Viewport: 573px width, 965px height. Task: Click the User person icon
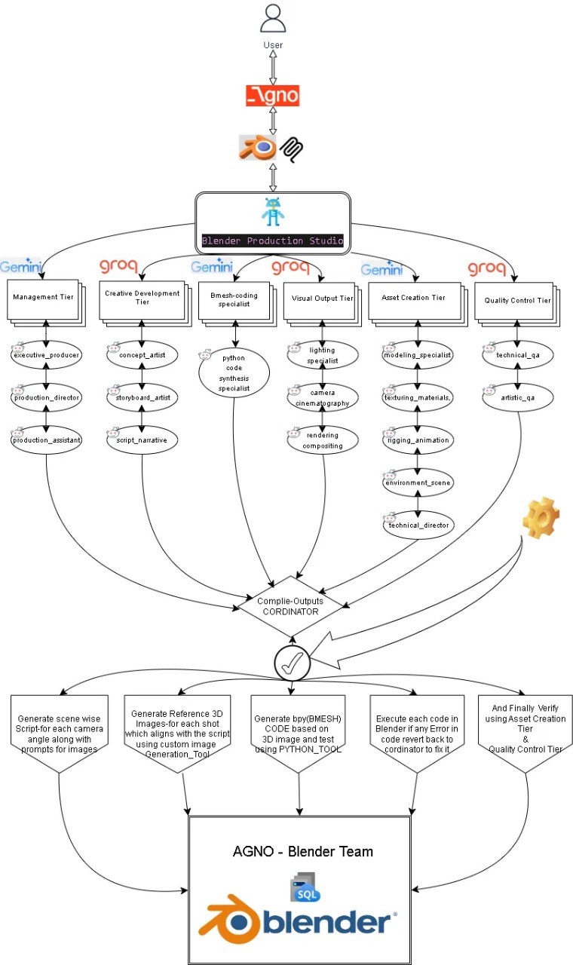point(273,18)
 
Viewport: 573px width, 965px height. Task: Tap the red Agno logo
point(273,96)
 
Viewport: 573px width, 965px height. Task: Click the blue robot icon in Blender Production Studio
point(273,212)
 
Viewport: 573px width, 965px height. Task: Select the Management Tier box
point(43,299)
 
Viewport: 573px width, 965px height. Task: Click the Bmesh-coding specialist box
point(234,300)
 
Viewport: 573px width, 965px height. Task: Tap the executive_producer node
point(46,355)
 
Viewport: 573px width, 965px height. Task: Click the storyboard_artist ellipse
point(142,397)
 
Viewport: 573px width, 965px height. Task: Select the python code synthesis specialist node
point(234,373)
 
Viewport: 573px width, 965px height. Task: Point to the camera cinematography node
point(323,397)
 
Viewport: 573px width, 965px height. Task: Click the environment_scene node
point(418,482)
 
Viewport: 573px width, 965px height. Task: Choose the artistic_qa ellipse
point(518,397)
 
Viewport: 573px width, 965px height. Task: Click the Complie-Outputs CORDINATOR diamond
point(290,607)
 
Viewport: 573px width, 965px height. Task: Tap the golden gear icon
point(541,517)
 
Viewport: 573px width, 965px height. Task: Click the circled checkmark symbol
point(292,663)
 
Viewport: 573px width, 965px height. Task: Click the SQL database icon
point(305,887)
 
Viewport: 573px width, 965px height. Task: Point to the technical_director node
point(418,525)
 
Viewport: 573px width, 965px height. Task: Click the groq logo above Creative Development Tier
point(118,266)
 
